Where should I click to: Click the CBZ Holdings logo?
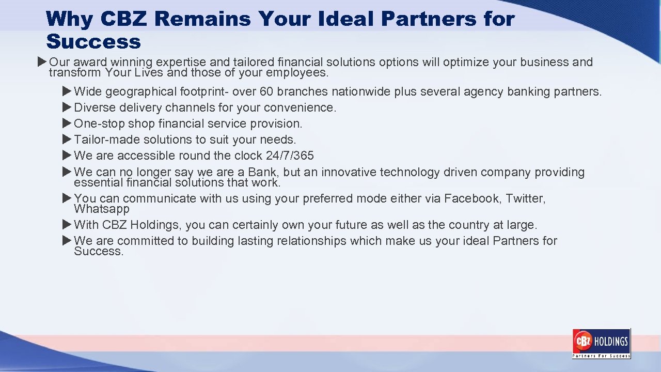pyautogui.click(x=601, y=343)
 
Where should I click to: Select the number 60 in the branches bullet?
pyautogui.click(x=266, y=92)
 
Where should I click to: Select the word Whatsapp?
pyautogui.click(x=102, y=209)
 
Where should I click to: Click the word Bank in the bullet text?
pyautogui.click(x=262, y=173)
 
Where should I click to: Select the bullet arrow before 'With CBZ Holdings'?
pyautogui.click(x=67, y=225)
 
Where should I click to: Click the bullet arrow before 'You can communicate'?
pyautogui.click(x=67, y=198)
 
